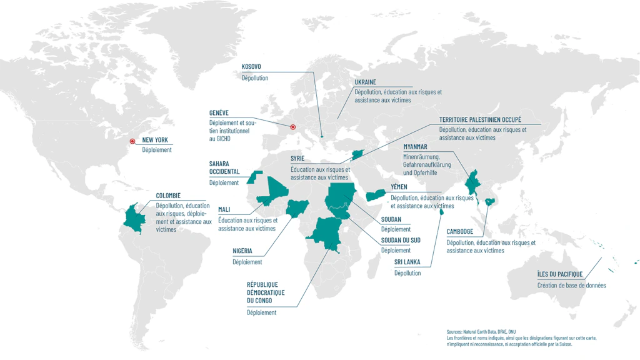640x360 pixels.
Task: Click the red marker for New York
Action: [132, 141]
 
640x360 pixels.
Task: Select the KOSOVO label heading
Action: [251, 67]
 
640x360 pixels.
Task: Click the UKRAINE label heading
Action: [365, 82]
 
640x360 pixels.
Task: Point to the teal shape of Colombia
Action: [134, 219]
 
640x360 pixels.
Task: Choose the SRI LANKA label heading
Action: [407, 262]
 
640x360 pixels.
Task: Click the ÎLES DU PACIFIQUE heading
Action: [559, 274]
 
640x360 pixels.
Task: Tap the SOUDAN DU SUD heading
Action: [400, 240]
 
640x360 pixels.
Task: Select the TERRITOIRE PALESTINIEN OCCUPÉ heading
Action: [480, 119]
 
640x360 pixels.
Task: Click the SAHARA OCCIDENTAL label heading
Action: [224, 167]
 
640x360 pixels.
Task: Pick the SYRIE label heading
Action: [297, 159]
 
